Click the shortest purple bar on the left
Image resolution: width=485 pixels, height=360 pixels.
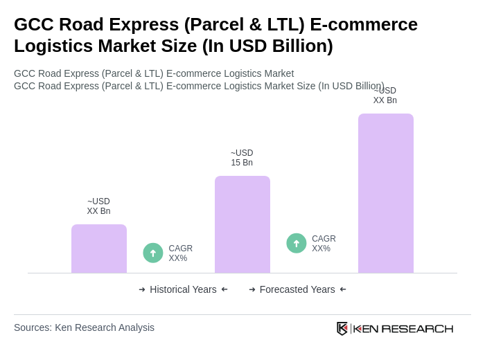click(99, 249)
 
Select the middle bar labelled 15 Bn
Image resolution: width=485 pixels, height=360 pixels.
click(242, 224)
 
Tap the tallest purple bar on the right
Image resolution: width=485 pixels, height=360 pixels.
click(385, 193)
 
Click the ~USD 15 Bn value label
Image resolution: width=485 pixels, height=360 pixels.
click(242, 158)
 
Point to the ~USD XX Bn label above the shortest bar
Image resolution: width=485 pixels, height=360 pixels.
click(98, 206)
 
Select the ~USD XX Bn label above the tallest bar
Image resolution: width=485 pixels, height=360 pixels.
click(385, 96)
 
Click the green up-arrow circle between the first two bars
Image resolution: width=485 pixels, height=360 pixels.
click(153, 253)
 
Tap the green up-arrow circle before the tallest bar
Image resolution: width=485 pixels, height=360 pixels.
click(297, 243)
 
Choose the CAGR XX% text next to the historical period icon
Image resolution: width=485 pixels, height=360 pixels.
click(180, 253)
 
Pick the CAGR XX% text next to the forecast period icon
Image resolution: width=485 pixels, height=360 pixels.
click(324, 244)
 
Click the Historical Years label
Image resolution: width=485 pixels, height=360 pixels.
click(183, 289)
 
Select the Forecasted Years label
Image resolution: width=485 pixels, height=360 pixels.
click(297, 289)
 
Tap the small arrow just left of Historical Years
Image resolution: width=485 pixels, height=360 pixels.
click(142, 289)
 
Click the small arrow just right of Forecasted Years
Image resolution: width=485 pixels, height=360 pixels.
click(343, 289)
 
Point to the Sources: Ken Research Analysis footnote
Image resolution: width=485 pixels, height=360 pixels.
click(84, 327)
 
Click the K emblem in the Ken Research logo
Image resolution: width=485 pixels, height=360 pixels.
click(342, 328)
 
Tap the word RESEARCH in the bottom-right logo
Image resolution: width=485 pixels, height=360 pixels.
click(417, 328)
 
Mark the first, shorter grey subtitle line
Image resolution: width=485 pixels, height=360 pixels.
click(154, 73)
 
